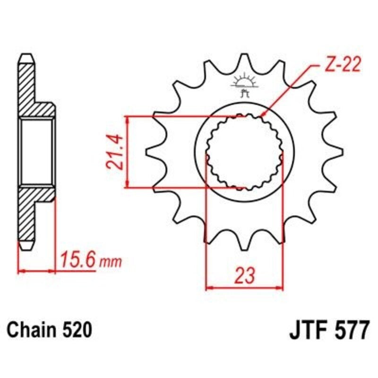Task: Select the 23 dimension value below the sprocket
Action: [x=244, y=275]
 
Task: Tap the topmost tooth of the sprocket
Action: [x=244, y=59]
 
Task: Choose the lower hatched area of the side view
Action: [x=33, y=213]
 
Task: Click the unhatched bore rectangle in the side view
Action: [x=37, y=152]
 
